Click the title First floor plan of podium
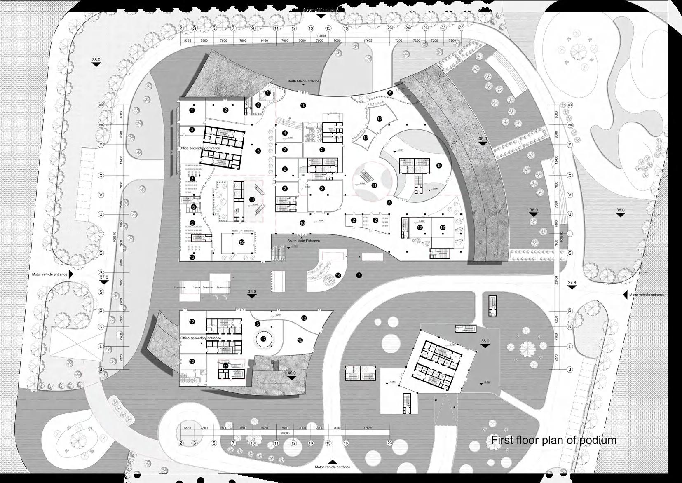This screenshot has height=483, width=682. click(553, 440)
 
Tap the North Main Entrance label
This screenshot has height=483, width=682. click(303, 82)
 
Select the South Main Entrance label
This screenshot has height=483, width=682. click(303, 241)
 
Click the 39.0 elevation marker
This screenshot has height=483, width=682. click(483, 139)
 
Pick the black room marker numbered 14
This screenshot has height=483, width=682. click(338, 275)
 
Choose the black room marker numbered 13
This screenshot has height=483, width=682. click(192, 257)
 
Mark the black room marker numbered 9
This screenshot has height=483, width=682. click(439, 165)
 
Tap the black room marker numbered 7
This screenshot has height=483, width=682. click(359, 275)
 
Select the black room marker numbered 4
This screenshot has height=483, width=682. click(285, 133)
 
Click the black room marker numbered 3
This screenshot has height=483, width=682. click(192, 130)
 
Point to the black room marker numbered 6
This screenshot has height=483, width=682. click(193, 207)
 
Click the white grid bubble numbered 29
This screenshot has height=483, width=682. click(461, 28)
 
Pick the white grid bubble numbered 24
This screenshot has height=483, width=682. click(407, 28)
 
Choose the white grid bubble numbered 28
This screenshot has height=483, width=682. click(443, 28)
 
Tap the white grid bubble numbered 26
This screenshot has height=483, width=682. click(425, 28)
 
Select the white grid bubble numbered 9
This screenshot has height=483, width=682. click(253, 28)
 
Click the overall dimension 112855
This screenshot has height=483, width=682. click(321, 36)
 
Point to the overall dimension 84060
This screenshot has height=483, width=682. click(284, 434)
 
